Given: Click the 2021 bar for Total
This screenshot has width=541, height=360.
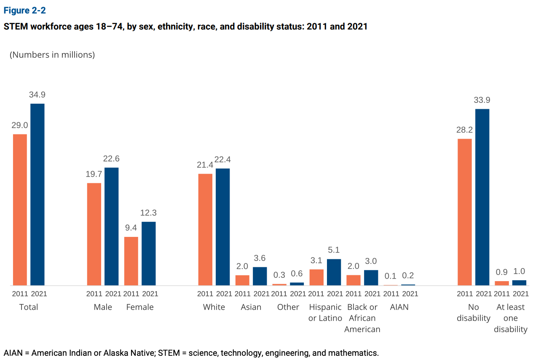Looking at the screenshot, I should click(37, 194).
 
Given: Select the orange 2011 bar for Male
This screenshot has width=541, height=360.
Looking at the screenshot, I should click(94, 234).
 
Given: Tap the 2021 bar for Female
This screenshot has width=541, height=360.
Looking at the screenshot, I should click(149, 253).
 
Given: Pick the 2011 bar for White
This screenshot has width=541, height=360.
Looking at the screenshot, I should click(205, 229).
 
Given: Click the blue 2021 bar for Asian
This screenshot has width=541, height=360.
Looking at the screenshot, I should click(260, 276).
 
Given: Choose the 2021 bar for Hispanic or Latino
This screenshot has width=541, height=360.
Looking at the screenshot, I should click(334, 272).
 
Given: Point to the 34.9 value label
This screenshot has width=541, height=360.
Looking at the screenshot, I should click(37, 95).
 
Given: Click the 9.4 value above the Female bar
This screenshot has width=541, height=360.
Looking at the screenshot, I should click(131, 228).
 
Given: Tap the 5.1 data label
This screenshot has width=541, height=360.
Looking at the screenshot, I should click(334, 250).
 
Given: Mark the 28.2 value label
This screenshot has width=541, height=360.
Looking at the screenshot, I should click(464, 130).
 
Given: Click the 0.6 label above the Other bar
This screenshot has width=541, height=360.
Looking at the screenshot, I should click(297, 274).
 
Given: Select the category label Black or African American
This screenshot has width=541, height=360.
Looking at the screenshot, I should click(362, 318).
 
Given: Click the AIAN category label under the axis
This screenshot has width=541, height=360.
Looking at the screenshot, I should click(399, 307).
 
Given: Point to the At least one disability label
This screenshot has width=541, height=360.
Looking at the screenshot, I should click(511, 318).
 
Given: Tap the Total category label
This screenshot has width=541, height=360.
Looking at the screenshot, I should click(29, 307).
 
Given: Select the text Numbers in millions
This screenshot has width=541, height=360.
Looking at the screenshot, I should click(52, 55).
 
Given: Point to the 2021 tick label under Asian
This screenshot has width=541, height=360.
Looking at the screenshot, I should click(261, 294).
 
